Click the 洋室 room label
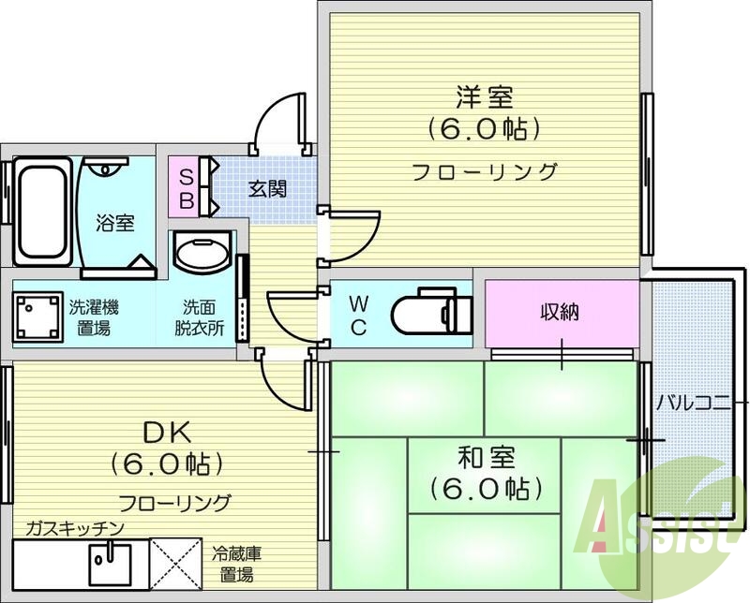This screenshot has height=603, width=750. click(x=484, y=96)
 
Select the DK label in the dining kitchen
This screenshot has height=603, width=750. click(x=167, y=433)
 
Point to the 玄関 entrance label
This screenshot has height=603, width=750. click(x=267, y=188)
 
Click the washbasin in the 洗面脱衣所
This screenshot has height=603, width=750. click(x=202, y=255)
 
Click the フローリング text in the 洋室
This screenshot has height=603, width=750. click(x=484, y=171)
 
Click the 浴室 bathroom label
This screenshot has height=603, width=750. click(x=115, y=223)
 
